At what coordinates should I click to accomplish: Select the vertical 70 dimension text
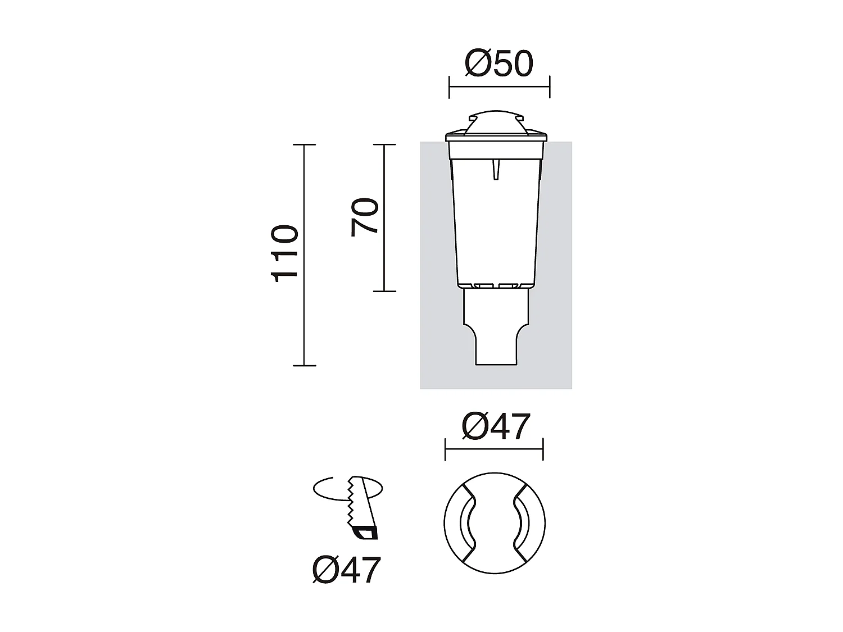coord(365,217)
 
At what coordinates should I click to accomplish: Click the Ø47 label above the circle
coord(496,426)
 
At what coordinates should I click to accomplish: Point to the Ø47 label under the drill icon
coord(347,570)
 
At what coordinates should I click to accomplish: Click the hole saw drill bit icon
coord(362,508)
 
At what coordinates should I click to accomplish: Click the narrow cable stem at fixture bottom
coord(496,348)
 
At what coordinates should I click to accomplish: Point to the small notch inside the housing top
coord(495,169)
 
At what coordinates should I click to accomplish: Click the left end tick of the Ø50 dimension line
coord(450,87)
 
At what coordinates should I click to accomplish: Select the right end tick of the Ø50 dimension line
coord(549,87)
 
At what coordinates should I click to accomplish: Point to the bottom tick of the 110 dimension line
coord(304,365)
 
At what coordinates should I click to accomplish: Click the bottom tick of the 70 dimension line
coord(384,291)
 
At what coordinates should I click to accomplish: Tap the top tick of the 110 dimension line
coord(304,144)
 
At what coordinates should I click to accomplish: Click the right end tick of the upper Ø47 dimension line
coord(543,449)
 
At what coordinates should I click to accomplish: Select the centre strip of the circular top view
coord(495,523)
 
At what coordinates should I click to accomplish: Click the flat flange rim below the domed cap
coord(496,137)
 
